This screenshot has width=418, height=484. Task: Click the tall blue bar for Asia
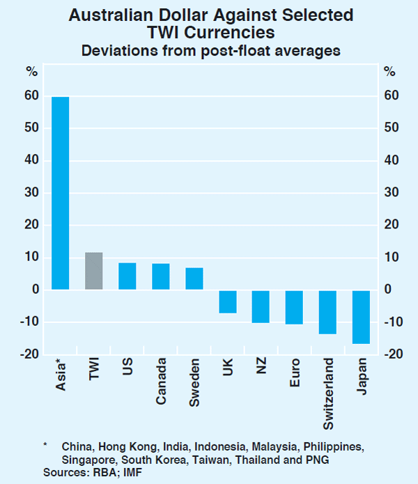60,193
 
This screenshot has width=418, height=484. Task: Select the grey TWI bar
93,271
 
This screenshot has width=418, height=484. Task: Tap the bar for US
127,276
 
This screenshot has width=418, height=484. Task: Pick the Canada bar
160,276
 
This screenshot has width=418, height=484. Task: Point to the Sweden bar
194,279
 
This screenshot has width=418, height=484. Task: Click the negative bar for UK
227,302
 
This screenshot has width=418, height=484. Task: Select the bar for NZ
261,306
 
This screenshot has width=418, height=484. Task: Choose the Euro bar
294,307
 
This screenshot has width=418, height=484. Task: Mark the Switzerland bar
327,312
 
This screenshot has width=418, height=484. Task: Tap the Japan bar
361,317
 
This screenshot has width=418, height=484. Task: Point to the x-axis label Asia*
61,375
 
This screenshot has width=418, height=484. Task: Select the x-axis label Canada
161,382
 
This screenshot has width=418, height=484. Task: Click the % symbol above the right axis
389,72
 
